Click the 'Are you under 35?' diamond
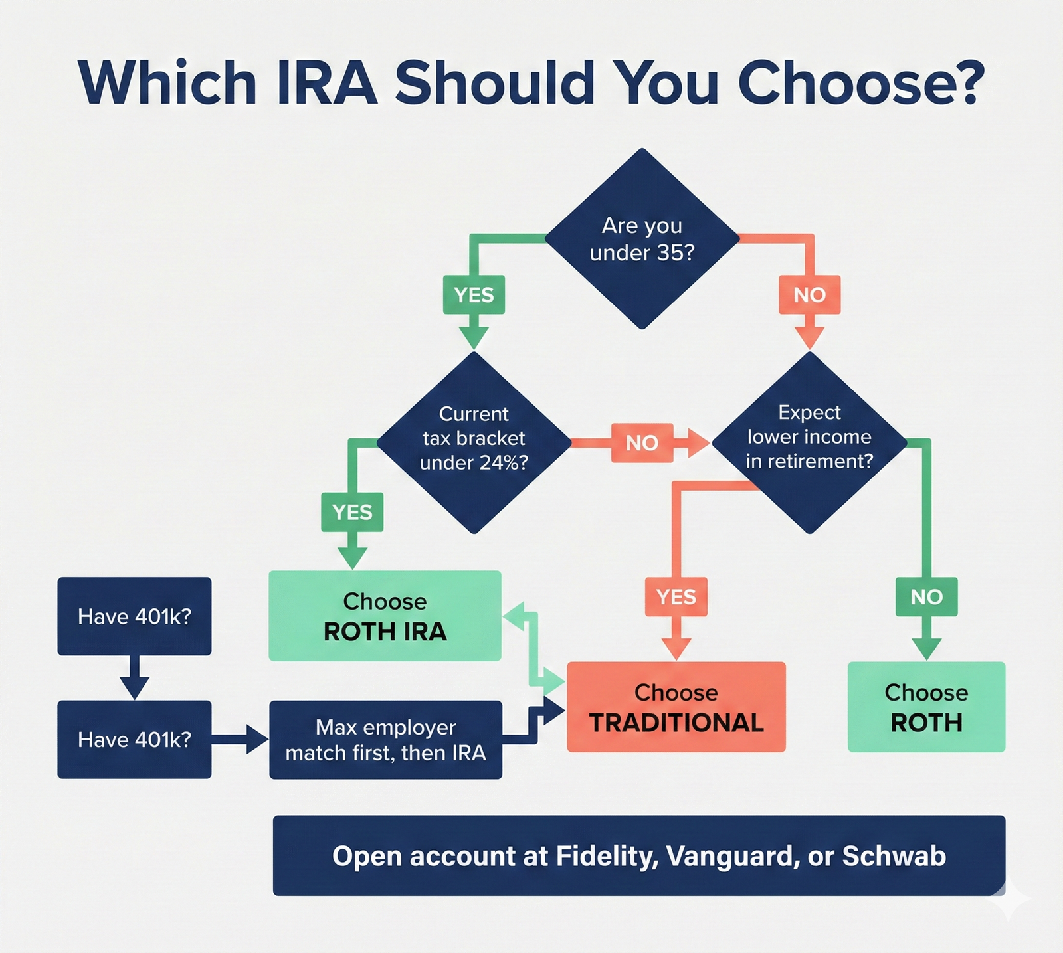point(642,239)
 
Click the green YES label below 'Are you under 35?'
point(474,294)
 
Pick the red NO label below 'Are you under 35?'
point(809,294)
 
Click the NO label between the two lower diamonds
point(642,442)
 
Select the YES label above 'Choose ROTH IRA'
point(352,512)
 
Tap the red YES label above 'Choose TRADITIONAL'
point(676,596)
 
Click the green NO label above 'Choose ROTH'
point(926,596)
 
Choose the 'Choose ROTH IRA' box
point(385,616)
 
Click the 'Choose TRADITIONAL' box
point(676,707)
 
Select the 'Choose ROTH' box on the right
point(926,707)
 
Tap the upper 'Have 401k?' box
point(134,616)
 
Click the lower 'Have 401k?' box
point(134,739)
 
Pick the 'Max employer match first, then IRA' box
point(385,739)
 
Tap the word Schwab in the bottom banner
point(894,856)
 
